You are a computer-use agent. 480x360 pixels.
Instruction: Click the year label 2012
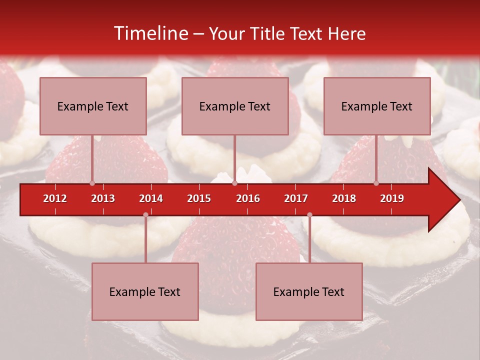[x=55, y=198]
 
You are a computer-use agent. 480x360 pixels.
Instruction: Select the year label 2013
[x=103, y=198]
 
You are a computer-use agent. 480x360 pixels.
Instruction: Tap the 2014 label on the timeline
[x=151, y=198]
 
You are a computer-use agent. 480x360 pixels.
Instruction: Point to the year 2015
[x=199, y=198]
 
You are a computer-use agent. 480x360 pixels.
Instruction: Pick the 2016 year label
[x=248, y=198]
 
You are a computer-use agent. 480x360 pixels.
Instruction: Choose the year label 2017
[x=296, y=198]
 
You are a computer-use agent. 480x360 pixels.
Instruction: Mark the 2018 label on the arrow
[x=344, y=198]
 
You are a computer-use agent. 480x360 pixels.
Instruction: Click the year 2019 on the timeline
[x=392, y=198]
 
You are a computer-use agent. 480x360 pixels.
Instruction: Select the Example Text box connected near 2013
[x=93, y=106]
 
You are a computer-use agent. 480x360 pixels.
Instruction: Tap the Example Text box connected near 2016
[x=235, y=106]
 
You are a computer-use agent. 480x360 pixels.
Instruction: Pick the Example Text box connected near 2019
[x=377, y=106]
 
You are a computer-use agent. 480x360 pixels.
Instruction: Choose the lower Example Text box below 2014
[x=145, y=291]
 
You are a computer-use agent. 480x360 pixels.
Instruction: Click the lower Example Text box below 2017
[x=309, y=291]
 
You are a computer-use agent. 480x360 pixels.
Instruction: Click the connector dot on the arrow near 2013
[x=92, y=183]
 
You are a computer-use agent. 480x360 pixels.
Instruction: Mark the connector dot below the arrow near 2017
[x=309, y=215]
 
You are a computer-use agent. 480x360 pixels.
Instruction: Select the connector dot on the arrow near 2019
[x=376, y=183]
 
